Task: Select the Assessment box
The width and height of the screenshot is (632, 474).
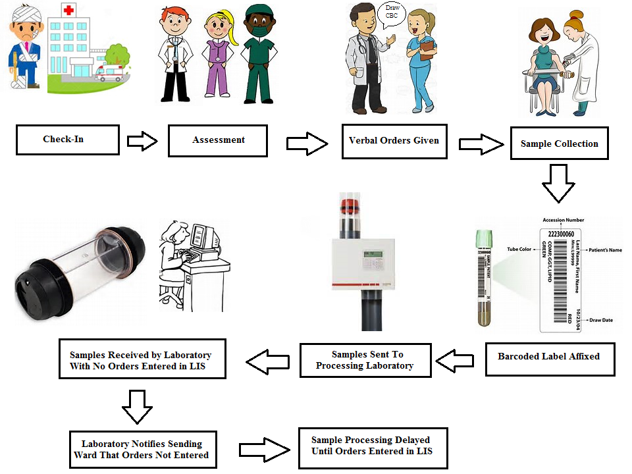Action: (x=218, y=140)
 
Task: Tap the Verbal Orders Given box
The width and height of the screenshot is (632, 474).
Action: (x=394, y=141)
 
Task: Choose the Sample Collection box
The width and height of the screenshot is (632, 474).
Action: (x=559, y=144)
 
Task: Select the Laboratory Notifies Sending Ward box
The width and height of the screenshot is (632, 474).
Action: (x=145, y=449)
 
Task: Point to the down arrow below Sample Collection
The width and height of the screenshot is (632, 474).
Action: (x=558, y=182)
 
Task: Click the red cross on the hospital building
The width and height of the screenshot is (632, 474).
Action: (x=68, y=10)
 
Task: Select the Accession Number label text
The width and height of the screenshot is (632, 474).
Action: (x=563, y=220)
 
